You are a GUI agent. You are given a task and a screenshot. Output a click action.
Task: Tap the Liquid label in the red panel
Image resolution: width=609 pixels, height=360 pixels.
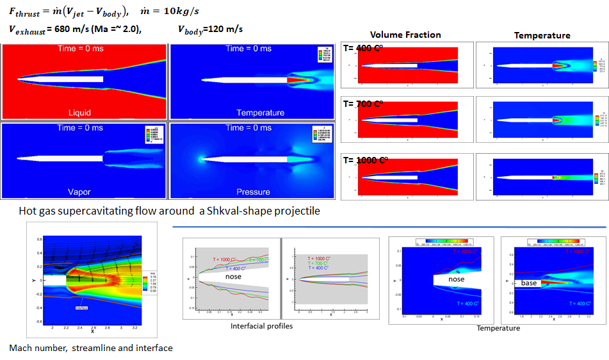[79, 113]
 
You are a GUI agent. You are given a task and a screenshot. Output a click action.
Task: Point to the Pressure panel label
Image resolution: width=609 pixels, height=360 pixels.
[253, 192]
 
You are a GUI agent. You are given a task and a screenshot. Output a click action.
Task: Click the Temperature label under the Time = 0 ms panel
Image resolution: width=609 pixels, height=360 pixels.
[261, 113]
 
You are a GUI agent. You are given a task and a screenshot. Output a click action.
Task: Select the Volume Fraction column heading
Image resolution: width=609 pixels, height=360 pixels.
[405, 35]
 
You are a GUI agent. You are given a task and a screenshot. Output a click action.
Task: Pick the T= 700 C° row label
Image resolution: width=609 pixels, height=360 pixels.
[362, 104]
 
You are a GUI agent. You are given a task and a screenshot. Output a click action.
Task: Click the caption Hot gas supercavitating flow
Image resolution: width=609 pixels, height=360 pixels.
[169, 212]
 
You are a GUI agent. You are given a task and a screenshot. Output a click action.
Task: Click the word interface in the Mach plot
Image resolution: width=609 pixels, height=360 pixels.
[82, 307]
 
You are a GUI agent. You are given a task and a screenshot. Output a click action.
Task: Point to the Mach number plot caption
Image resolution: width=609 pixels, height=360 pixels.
[91, 348]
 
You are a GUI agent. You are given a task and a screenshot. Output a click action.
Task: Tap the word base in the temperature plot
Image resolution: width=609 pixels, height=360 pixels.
[529, 282]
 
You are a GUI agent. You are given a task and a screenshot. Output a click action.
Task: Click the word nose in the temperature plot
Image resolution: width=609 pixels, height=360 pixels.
[456, 279]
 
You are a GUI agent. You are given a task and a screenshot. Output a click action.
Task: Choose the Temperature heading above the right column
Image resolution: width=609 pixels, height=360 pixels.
[542, 35]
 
